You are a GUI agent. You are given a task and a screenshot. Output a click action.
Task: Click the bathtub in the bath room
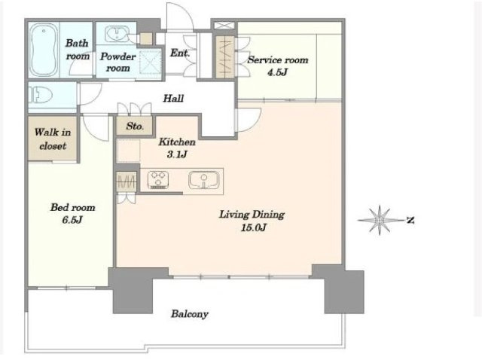[44, 50]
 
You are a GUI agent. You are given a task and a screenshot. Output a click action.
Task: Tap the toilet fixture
[40, 94]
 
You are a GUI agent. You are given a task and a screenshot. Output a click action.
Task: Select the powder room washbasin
[117, 34]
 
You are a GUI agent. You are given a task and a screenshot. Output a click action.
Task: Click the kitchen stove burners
[158, 179]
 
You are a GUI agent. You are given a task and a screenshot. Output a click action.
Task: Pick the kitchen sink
[204, 180]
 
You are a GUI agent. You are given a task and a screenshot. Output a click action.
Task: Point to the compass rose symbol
[380, 220]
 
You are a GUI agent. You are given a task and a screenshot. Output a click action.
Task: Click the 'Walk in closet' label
[53, 139]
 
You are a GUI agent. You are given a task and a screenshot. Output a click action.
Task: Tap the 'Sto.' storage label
[135, 126]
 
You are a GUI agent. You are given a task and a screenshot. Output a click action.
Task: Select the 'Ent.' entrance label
[180, 53]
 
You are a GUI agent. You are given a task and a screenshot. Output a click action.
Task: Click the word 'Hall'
[173, 99]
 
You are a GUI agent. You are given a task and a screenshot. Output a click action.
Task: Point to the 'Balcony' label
[190, 314]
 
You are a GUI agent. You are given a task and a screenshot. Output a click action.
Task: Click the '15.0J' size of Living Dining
[254, 227]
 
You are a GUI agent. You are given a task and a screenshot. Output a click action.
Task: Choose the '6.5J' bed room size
[72, 220]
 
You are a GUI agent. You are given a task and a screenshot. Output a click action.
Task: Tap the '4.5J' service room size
[278, 72]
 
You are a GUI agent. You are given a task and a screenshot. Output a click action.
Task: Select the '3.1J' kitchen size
[177, 154]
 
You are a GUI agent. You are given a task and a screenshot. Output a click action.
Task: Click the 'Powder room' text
[117, 62]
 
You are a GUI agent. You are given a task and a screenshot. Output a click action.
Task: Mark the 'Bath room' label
[78, 50]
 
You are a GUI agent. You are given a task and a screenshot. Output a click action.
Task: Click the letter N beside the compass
[410, 220]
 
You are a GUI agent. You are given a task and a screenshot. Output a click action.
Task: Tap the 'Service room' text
[278, 59]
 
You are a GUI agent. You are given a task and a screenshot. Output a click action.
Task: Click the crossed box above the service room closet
[224, 25]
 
